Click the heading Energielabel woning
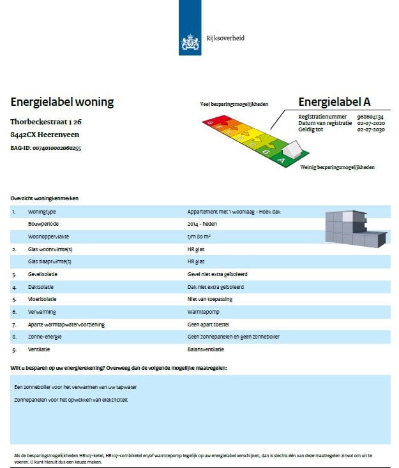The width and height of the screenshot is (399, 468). point(62,102)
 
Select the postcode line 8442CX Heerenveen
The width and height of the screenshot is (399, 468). point(45,135)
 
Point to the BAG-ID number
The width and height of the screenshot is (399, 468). point(46,148)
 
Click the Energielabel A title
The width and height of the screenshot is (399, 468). point(335,102)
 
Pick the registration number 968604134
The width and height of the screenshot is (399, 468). point(370,117)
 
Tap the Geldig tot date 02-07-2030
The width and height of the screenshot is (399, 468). point(370,129)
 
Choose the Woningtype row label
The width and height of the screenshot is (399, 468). point(42,211)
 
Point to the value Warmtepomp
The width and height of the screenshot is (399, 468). point(202,312)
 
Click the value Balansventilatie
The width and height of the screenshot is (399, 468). point(206,349)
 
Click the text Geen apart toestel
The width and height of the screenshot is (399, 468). point(208,325)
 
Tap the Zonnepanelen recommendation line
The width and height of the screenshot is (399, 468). point(71,400)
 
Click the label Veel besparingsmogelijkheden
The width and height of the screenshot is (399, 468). point(234,104)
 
